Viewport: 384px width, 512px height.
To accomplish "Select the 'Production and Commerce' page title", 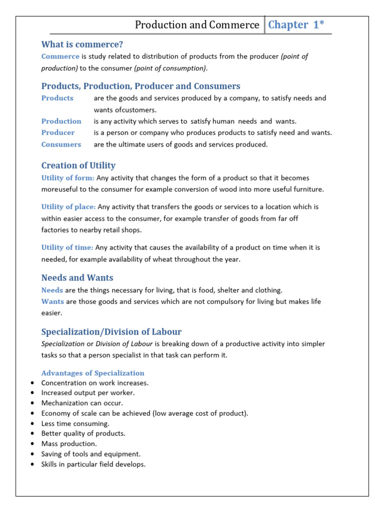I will (x=197, y=25).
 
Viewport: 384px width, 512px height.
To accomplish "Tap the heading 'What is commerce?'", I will (x=82, y=44).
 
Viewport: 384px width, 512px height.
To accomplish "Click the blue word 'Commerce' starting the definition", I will (x=60, y=56).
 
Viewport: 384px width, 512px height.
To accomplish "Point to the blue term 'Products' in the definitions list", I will (x=57, y=98).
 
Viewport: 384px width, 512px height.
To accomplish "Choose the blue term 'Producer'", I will (x=58, y=132).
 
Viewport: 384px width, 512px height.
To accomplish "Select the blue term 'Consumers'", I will (x=61, y=144).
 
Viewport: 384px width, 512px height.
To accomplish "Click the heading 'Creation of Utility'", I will (x=78, y=165).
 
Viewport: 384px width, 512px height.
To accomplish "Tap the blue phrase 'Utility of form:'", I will (x=67, y=177).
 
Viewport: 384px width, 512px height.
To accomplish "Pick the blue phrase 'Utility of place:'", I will (x=69, y=206).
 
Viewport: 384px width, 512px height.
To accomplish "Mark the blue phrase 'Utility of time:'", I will (x=67, y=247).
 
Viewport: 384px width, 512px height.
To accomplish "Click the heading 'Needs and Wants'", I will (x=77, y=277).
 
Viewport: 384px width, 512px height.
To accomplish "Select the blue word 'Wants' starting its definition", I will (x=52, y=301).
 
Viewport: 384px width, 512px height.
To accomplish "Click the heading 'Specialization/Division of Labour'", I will (x=111, y=331).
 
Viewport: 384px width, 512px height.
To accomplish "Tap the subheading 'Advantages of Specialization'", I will (x=92, y=373).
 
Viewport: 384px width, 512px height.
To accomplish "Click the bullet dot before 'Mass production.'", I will (x=32, y=443).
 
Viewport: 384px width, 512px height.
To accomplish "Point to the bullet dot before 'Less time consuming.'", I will (x=32, y=423).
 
